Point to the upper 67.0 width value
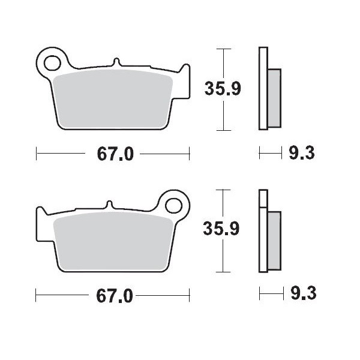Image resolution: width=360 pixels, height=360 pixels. (x=114, y=154)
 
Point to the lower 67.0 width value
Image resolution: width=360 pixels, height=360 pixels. (x=114, y=295)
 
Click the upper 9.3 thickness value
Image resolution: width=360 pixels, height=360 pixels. (x=302, y=154)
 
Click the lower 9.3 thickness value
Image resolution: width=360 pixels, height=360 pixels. (x=302, y=294)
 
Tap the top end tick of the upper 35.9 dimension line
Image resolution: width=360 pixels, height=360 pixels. (x=223, y=49)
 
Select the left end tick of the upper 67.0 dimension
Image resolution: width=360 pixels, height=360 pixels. (x=37, y=154)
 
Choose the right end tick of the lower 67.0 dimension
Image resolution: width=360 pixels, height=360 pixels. (x=190, y=295)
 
